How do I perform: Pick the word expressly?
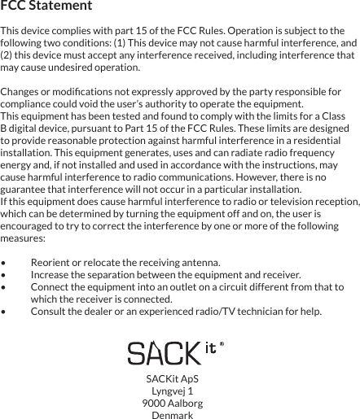(154, 92)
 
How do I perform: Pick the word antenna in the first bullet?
(200, 263)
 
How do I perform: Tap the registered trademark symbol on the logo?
(222, 345)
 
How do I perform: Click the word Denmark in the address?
(173, 415)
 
